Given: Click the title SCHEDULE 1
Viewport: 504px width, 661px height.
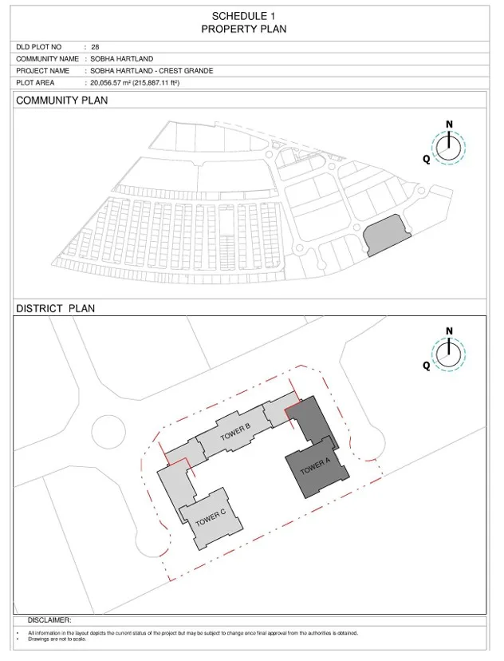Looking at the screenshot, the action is coord(243,17).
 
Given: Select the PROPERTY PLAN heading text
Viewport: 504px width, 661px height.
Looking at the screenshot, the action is coord(244,29).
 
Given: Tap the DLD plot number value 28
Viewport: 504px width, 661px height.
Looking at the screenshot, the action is coord(95,47).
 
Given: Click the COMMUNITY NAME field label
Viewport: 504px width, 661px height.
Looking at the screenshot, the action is coord(47,58).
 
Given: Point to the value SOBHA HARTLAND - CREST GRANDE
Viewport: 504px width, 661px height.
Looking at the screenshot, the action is coord(152,70).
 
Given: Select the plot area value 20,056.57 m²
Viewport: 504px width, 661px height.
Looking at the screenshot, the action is coord(110,83).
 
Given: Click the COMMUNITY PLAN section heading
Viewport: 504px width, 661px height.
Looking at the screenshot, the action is coord(62,101).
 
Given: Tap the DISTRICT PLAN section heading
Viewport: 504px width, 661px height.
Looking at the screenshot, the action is coord(56,308).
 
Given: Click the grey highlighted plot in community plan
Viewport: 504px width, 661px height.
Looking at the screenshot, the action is coord(387,235).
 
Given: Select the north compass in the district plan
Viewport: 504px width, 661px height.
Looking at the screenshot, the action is coord(449,354).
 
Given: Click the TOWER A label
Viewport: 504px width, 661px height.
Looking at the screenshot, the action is coord(315,466).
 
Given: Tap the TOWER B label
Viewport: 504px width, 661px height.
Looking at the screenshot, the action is coord(235,432).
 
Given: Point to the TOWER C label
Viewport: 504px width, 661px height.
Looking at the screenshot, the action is coord(211,517).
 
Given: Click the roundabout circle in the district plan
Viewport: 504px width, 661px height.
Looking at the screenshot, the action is coord(108,433).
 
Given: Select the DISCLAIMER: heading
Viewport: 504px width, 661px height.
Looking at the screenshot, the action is coord(49,620).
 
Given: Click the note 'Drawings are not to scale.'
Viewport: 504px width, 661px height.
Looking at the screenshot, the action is coord(57,639).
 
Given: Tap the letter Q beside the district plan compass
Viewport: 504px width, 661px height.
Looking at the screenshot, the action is coord(427,365).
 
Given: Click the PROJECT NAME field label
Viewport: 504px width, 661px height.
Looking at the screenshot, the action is coord(42,70).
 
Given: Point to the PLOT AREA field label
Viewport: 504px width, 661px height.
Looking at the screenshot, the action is coord(35,83).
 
